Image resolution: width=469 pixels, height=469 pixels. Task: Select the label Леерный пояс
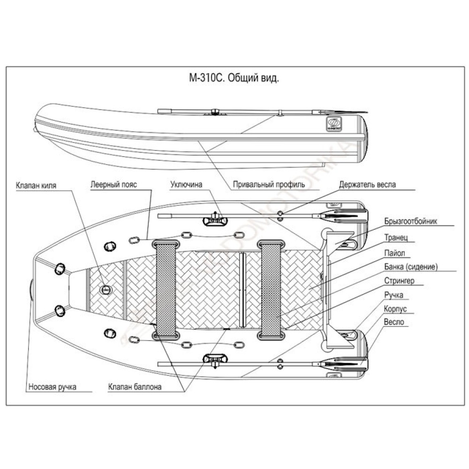pyautogui.click(x=113, y=185)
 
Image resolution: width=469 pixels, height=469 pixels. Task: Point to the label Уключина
pyautogui.click(x=186, y=185)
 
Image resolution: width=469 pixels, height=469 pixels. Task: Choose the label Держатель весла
pyautogui.click(x=367, y=185)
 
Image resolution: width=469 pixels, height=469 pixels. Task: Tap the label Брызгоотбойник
pyautogui.click(x=410, y=221)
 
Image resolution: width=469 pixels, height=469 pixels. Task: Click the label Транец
pyautogui.click(x=396, y=238)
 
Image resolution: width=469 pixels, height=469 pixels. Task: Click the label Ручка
pyautogui.click(x=393, y=295)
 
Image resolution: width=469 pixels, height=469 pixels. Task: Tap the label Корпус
pyautogui.click(x=394, y=310)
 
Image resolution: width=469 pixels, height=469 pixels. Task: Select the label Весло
pyautogui.click(x=393, y=323)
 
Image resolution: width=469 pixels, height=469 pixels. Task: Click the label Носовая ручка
pyautogui.click(x=52, y=387)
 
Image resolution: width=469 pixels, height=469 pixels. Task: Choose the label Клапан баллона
pyautogui.click(x=135, y=387)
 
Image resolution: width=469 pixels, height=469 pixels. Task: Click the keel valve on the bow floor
pyautogui.click(x=106, y=290)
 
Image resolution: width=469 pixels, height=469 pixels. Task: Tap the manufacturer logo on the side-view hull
pyautogui.click(x=333, y=123)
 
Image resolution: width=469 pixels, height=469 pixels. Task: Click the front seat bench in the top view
pyautogui.click(x=165, y=289)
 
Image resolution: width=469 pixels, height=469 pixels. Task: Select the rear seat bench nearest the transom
pyautogui.click(x=271, y=289)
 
